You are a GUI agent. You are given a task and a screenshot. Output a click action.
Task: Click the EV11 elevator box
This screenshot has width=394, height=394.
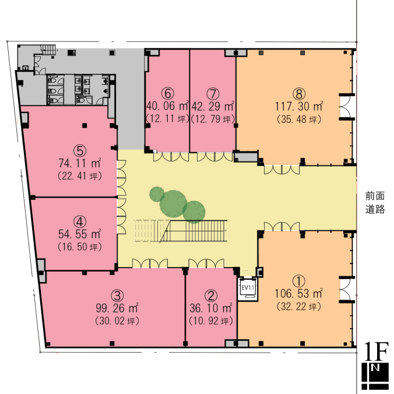[x=248, y=289]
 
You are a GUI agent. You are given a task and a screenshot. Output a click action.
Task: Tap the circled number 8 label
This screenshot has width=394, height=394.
[x=299, y=94]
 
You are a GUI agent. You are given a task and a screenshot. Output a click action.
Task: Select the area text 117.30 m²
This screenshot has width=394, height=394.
[x=299, y=106]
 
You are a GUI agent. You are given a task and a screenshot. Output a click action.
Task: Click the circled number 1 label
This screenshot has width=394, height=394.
[x=299, y=281]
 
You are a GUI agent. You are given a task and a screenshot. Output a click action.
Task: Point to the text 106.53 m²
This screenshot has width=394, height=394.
[x=298, y=294]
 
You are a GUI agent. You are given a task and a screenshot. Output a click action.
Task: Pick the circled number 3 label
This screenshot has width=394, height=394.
[x=117, y=295]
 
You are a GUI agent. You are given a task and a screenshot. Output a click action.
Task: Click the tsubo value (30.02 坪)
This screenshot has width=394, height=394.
[x=117, y=321]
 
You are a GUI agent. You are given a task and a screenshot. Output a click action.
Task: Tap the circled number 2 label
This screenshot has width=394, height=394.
[x=211, y=295]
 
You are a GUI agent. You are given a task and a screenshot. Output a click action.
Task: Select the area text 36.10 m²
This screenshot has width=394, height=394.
[x=211, y=308]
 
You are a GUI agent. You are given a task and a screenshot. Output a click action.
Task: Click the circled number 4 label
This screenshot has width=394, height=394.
[x=80, y=221]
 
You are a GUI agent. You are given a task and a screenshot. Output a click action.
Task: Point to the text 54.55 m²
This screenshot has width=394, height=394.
[x=80, y=234]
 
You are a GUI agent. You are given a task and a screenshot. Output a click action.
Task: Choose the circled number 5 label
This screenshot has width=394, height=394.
[x=80, y=150]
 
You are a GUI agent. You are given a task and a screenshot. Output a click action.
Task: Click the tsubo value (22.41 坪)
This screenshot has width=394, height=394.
[x=80, y=176]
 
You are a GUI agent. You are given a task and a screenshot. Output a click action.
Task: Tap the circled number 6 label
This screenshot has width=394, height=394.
[x=168, y=93]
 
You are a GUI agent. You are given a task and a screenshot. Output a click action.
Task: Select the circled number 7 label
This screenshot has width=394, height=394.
[x=213, y=94]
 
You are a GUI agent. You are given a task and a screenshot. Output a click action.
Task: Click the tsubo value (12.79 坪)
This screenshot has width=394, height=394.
[x=213, y=119]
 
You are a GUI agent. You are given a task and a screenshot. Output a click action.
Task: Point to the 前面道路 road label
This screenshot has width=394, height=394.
[x=375, y=202]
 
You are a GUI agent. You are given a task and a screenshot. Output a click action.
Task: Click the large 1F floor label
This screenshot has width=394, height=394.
[x=376, y=351]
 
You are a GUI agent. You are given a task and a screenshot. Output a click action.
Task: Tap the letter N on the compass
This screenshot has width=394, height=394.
[x=375, y=368]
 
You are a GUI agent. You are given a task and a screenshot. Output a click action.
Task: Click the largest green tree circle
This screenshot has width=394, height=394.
[x=173, y=203]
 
